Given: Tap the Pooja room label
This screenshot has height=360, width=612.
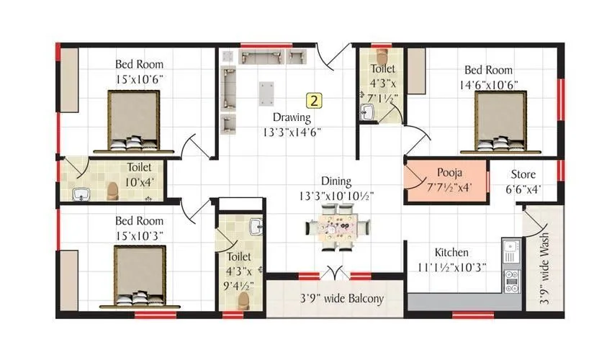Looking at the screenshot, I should [x=449, y=174].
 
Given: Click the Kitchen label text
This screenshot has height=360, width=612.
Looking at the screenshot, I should [x=451, y=253].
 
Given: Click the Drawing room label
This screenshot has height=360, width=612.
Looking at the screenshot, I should [x=291, y=117].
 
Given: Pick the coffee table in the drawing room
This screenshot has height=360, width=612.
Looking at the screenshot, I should [x=268, y=93].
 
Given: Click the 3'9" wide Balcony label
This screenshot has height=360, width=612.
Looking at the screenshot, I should [x=342, y=299].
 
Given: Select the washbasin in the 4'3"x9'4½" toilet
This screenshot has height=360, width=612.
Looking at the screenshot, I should [x=255, y=228].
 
